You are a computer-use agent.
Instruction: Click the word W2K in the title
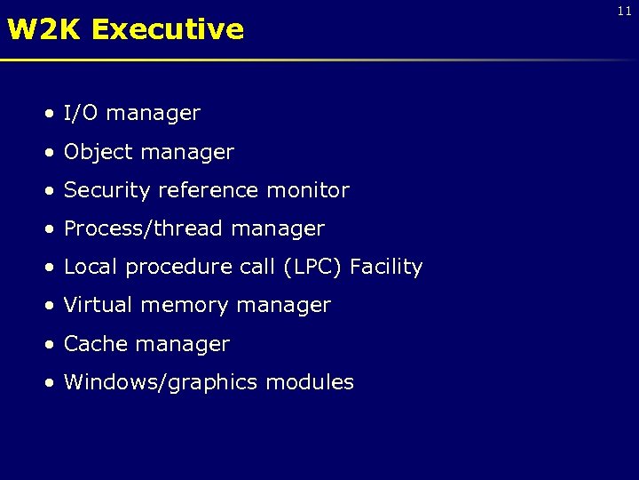click(44, 29)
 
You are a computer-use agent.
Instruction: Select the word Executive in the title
click(167, 29)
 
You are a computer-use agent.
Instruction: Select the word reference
click(201, 191)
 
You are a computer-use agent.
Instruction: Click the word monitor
click(305, 191)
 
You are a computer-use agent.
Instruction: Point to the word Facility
click(386, 268)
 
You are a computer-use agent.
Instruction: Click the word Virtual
click(99, 306)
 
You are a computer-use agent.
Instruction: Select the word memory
click(179, 306)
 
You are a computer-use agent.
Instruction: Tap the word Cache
click(94, 344)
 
